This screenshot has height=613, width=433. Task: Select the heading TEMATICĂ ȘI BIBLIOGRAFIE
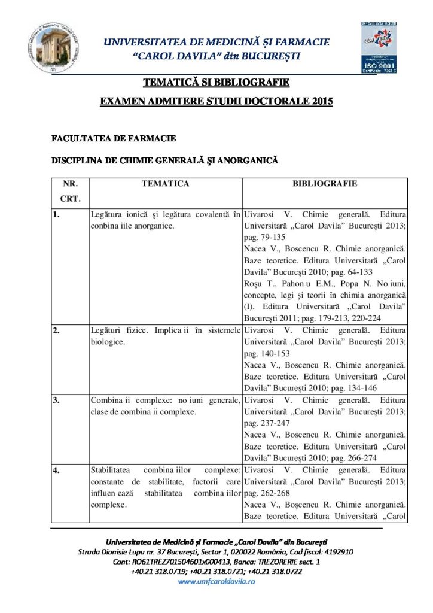click(216, 82)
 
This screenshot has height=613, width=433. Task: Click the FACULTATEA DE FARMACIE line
click(114, 139)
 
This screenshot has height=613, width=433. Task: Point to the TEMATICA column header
click(165, 184)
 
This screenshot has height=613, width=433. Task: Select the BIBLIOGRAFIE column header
click(325, 184)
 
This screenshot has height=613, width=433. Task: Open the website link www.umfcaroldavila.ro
click(216, 582)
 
